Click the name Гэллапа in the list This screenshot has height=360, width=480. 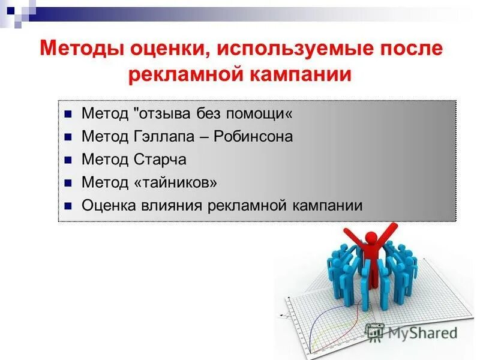click(x=161, y=136)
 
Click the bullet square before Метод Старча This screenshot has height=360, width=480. click(x=68, y=160)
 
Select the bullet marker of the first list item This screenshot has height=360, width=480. click(x=68, y=114)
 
